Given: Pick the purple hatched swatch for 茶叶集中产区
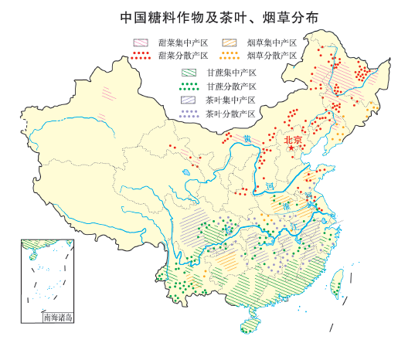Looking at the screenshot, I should pos(186,100).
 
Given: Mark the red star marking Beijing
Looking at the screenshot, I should pos(291,148).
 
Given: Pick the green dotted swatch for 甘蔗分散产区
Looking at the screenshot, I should pos(186,86).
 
